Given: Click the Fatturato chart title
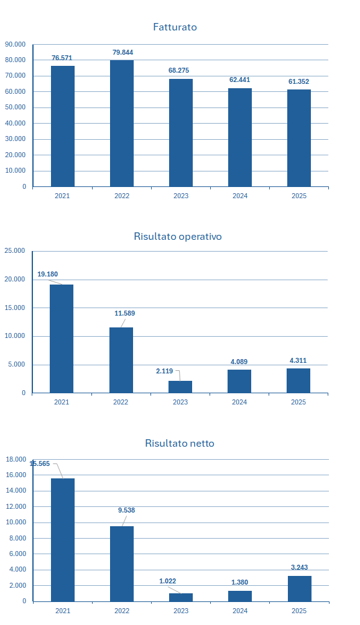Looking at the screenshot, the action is point(175,27).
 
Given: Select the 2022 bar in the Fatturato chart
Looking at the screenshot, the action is point(122,123).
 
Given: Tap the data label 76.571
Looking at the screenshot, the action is point(62,58).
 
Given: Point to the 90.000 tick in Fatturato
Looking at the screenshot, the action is point(15,44).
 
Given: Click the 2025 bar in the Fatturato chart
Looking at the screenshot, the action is point(299,138).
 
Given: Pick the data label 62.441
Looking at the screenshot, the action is point(239,80).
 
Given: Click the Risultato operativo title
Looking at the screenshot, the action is point(178,236).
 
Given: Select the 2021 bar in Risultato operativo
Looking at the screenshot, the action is point(62,339).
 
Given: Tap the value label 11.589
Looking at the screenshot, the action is point(125,313).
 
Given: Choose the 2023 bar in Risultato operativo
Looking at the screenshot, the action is point(180,387).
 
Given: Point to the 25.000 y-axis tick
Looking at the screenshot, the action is point(15,251).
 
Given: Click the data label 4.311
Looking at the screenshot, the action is point(298,361).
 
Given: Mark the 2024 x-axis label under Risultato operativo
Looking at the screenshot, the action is point(239,402).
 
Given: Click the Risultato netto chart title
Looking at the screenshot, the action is point(180,443).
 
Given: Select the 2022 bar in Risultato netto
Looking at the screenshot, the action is point(122,564).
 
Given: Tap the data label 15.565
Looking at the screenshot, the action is point(40,463).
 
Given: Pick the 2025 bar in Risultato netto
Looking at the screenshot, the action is point(300,589).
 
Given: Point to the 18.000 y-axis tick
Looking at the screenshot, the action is point(16,460).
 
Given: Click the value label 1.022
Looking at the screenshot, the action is point(168,581).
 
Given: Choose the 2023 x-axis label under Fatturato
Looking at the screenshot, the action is point(181,196).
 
